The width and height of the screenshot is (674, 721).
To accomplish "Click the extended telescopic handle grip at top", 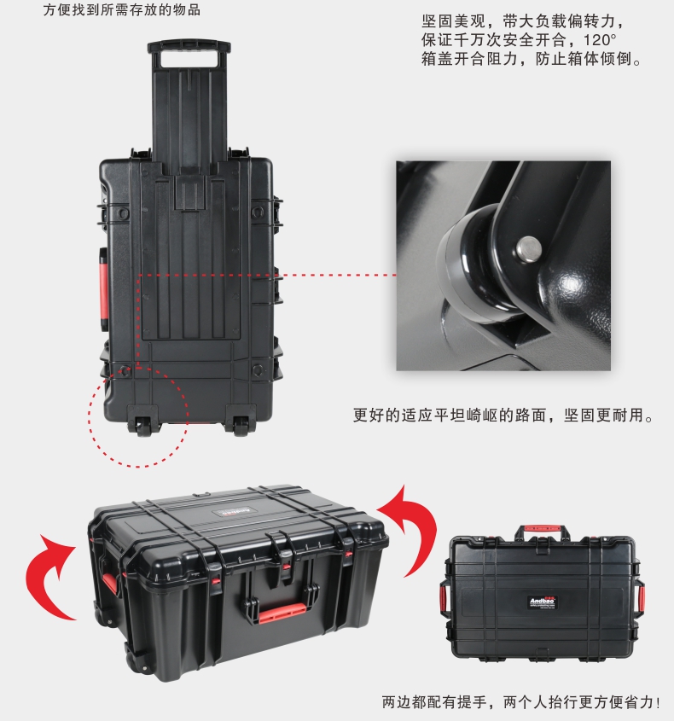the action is pyautogui.click(x=189, y=48).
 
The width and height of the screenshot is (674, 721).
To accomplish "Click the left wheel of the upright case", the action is pyautogui.click(x=143, y=427).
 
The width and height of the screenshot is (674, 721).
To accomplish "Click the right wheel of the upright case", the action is pyautogui.click(x=241, y=427).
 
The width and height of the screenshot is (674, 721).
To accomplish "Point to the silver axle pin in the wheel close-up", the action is pyautogui.click(x=528, y=249).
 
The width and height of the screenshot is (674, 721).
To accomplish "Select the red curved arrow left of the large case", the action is pyautogui.click(x=49, y=577).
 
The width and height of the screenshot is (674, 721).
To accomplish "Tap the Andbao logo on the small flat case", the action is pyautogui.click(x=542, y=602).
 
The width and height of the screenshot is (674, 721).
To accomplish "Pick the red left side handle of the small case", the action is pyautogui.click(x=444, y=599).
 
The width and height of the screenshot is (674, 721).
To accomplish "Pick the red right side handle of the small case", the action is pyautogui.click(x=640, y=599).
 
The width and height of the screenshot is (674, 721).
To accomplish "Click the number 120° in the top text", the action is pyautogui.click(x=600, y=40).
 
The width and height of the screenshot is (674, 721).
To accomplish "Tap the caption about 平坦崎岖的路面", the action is pyautogui.click(x=503, y=416).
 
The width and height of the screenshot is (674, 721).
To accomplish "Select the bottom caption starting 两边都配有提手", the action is pyautogui.click(x=521, y=702).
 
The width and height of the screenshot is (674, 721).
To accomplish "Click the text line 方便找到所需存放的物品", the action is pyautogui.click(x=122, y=10).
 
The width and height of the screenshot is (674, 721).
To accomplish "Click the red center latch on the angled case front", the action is pyautogui.click(x=287, y=567).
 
